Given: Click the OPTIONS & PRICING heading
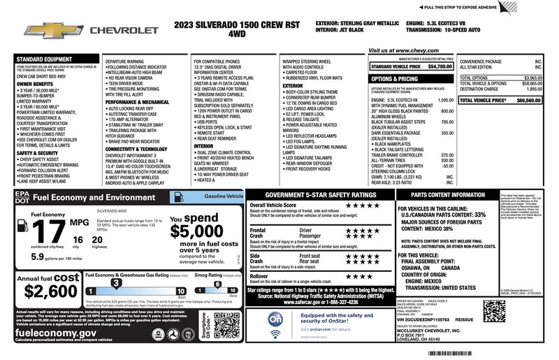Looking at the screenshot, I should click(395, 80).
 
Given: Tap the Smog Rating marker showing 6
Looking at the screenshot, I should click(217, 285).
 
